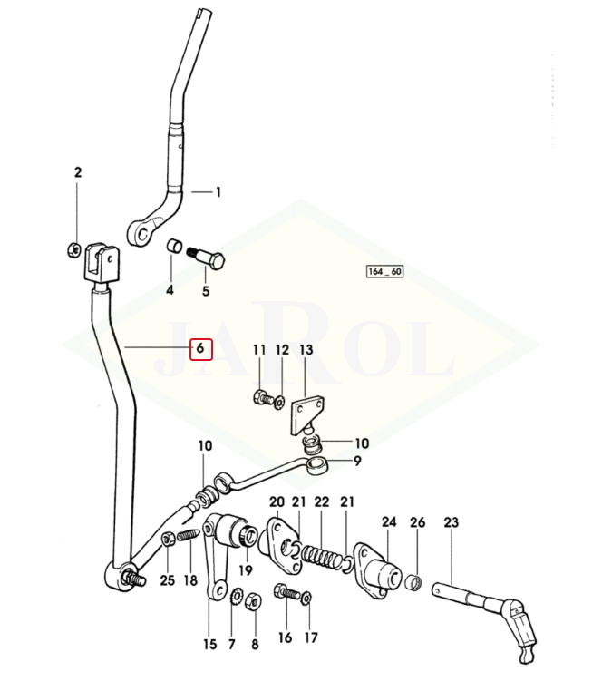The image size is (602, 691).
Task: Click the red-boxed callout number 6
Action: pyautogui.click(x=200, y=348)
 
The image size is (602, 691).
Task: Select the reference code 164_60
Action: pyautogui.click(x=384, y=272)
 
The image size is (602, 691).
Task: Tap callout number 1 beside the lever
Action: pyautogui.click(x=218, y=192)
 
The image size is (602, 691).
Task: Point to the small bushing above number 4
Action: pyautogui.click(x=171, y=247)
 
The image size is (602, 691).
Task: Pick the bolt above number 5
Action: pyautogui.click(x=206, y=257)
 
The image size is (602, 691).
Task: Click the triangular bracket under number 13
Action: pyautogui.click(x=303, y=414)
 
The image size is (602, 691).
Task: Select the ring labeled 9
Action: pyautogui.click(x=318, y=466)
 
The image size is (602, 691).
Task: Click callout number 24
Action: pyautogui.click(x=389, y=522)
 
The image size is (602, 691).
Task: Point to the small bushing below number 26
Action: pyautogui.click(x=413, y=581)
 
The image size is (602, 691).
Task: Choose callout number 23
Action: pyautogui.click(x=451, y=522)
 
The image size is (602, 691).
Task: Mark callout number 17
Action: pyautogui.click(x=311, y=637)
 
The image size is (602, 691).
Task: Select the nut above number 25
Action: pyautogui.click(x=168, y=540)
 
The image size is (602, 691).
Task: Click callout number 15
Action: pyautogui.click(x=210, y=645)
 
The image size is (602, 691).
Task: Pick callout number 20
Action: pyautogui.click(x=277, y=502)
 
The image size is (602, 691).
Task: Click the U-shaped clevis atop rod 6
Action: pyautogui.click(x=100, y=264)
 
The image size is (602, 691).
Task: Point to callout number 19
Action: pyautogui.click(x=245, y=570)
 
